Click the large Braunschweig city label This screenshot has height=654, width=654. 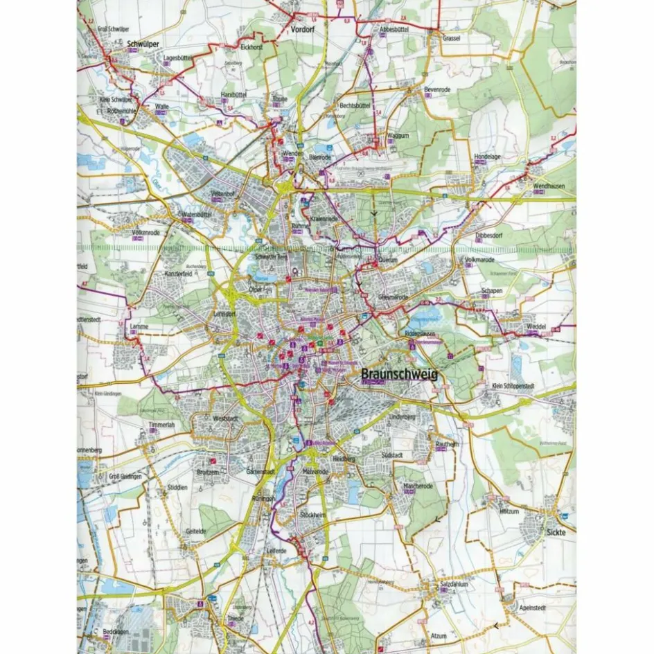coord(399,374)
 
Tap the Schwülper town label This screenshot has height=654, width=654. coord(144,44)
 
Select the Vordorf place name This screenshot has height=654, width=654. coord(303,30)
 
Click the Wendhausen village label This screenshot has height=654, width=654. coord(550,187)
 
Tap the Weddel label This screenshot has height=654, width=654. coord(536,326)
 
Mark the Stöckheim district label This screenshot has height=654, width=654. coord(313,515)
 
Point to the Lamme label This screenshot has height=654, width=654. coord(140,325)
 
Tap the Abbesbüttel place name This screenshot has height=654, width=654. coord(396,30)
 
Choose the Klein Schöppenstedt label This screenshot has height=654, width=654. coord(516,385)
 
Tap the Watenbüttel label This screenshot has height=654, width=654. coord(196,215)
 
